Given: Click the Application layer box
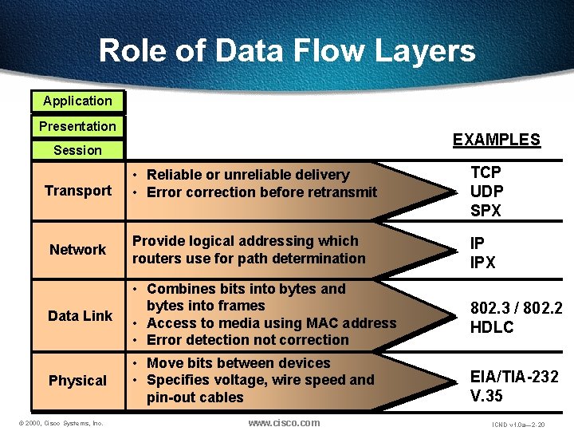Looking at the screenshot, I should pyautogui.click(x=77, y=101).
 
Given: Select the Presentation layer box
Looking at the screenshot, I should pyautogui.click(x=77, y=126).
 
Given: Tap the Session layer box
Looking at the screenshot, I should pyautogui.click(x=77, y=150).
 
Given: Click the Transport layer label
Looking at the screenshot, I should pyautogui.click(x=78, y=191).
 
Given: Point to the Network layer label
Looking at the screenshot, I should pyautogui.click(x=77, y=250).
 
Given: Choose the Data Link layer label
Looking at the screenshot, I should pyautogui.click(x=80, y=316).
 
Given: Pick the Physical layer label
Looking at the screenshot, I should pyautogui.click(x=77, y=381).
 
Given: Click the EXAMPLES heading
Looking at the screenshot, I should pyautogui.click(x=496, y=140).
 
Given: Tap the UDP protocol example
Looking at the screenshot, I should pyautogui.click(x=487, y=192).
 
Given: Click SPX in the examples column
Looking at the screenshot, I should pyautogui.click(x=486, y=212).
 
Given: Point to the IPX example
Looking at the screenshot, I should pyautogui.click(x=483, y=262).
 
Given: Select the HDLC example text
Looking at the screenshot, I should pyautogui.click(x=492, y=327).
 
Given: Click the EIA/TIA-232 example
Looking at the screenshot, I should pyautogui.click(x=514, y=377).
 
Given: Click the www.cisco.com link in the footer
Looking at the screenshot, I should pyautogui.click(x=284, y=422).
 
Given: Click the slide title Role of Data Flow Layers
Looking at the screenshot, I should pyautogui.click(x=287, y=51).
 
